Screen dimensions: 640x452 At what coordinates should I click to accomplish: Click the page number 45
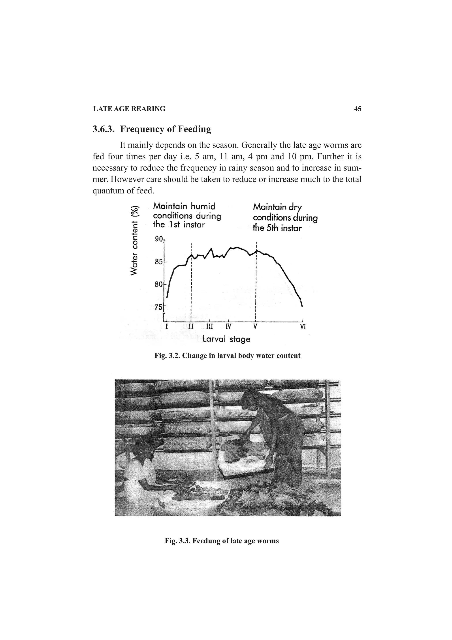tap(358, 109)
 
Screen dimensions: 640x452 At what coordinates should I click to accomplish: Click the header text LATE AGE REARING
tap(129, 109)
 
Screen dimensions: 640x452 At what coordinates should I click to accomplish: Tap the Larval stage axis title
tap(226, 339)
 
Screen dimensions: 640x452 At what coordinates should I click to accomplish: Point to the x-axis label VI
tap(303, 326)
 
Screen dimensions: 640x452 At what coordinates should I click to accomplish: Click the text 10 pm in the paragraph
tap(298, 157)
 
